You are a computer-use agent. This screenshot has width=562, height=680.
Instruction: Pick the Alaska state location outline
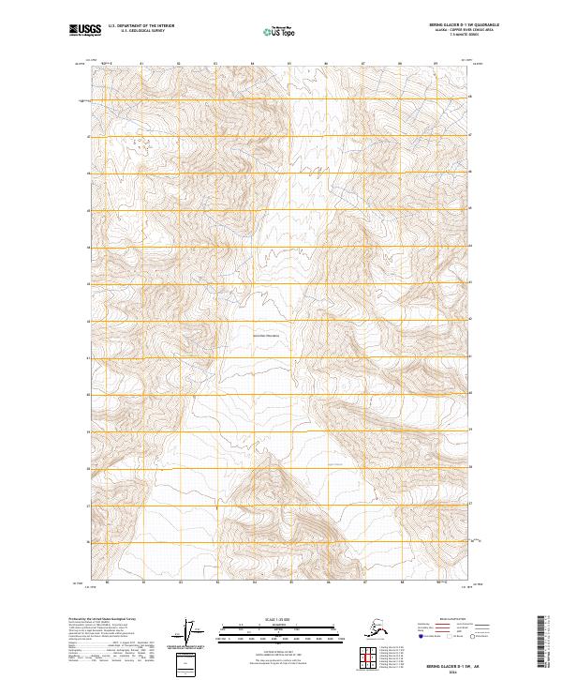374,629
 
